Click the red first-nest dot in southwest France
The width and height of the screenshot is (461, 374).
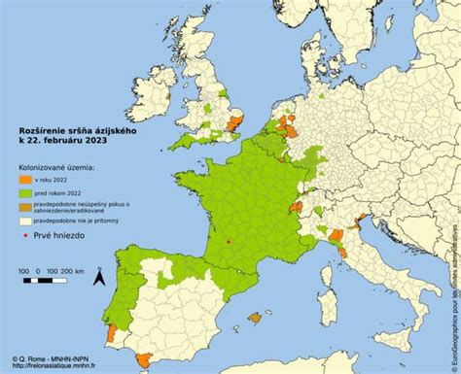point(229,241)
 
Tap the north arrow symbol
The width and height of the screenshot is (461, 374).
point(98,278)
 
